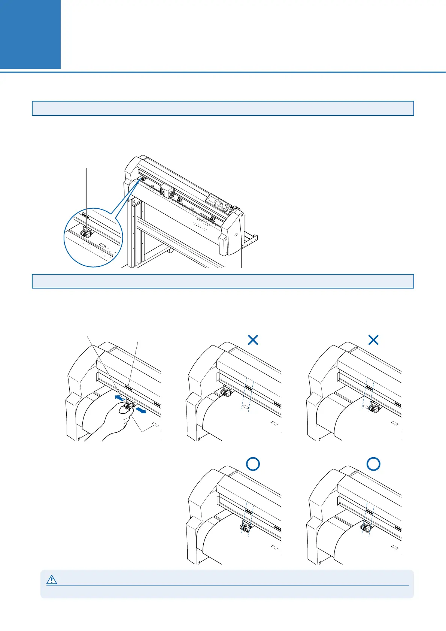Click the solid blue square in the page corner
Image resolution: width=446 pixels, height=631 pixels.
coord(30,34)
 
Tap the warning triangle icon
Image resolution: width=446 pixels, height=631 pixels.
coord(51,580)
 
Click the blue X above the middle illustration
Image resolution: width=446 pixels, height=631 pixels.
coord(253,340)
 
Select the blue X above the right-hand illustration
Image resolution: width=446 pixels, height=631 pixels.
coord(373,340)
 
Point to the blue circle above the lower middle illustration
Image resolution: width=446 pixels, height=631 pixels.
coord(253,465)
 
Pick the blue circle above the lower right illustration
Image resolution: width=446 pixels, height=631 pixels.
coord(373,465)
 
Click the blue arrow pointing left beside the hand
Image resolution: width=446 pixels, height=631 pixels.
coord(119,398)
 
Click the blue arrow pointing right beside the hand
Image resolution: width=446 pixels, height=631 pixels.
coord(140,411)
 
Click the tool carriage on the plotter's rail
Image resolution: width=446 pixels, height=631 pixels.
coord(165,190)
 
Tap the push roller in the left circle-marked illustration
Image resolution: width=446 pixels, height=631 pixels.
coord(245,528)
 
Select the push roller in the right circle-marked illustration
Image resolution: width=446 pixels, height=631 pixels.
coord(365,528)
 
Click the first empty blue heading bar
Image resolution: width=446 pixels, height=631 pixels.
coord(223,108)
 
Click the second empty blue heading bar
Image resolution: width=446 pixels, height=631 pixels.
coord(223,281)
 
